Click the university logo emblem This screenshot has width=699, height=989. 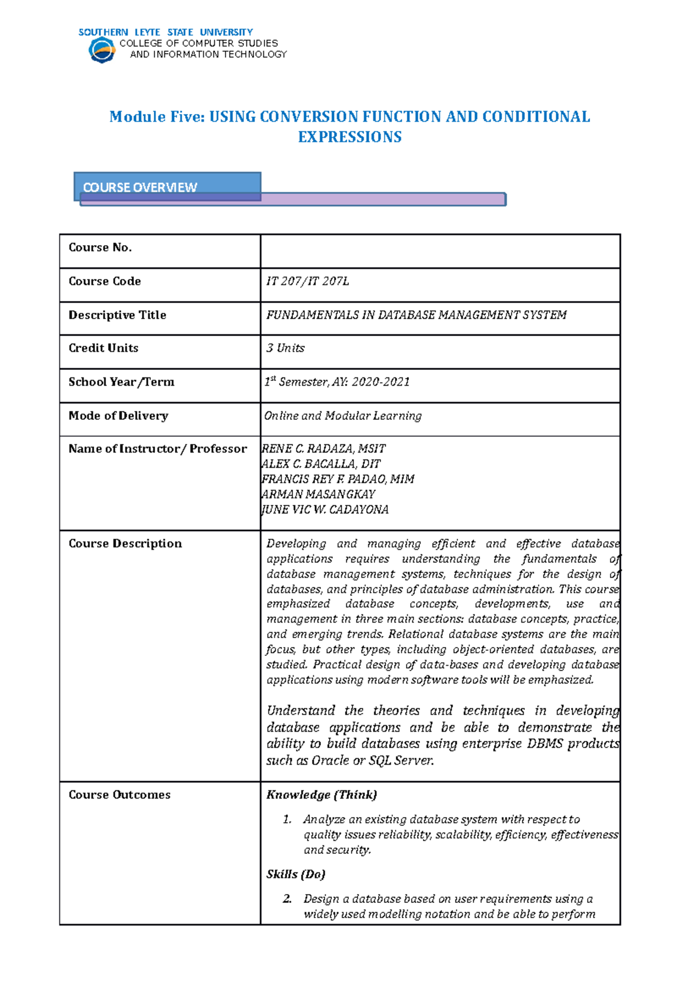coord(102,50)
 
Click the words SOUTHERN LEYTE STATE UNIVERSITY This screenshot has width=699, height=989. coord(165,32)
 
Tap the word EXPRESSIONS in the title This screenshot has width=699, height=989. coord(349,137)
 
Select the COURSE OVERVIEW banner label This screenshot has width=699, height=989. coord(140,187)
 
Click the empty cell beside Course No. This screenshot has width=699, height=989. coord(440,251)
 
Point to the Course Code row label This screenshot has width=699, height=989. coord(105,281)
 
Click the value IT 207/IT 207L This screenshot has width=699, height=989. coord(308,281)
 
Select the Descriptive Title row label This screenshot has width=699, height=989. coord(117,315)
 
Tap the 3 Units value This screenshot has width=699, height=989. coord(285,348)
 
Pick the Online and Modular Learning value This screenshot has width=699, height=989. coord(343,416)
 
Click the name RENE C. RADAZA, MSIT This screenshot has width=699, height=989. coord(324,449)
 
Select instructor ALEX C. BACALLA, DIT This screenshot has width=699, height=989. coord(321,464)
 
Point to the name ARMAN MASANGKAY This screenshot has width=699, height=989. coord(319,494)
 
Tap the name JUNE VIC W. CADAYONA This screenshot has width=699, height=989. coord(326,510)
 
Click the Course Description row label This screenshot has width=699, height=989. coord(125,543)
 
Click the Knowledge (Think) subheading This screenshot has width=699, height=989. coord(322,794)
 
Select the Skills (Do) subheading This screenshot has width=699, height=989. coord(295,874)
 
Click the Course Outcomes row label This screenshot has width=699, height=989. coord(119,795)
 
